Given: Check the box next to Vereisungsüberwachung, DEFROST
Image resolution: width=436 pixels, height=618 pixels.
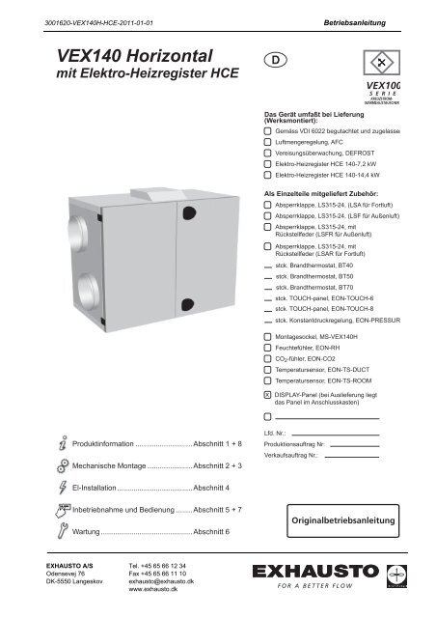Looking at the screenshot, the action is pos(267,153).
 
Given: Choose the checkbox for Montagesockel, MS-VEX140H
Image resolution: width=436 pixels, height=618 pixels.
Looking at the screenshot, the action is pos(267,335).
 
